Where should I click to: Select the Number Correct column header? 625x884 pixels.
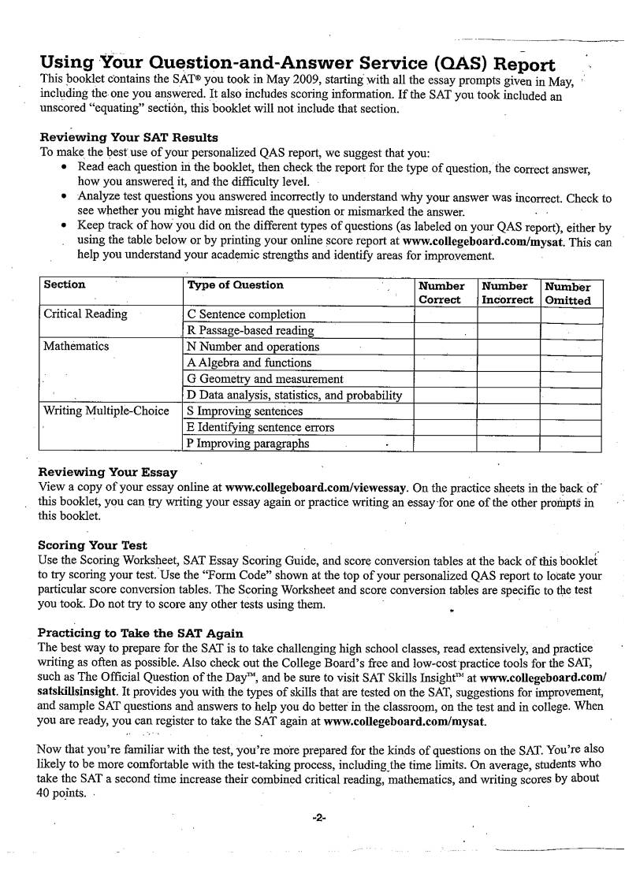pos(441,292)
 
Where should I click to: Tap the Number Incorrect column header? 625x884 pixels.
pos(508,292)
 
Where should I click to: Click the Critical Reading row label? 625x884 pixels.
pos(85,314)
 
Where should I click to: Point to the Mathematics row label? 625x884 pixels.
pos(76,346)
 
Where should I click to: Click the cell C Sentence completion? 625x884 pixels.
pos(246,314)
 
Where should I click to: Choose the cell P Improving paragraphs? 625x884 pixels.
pos(247,443)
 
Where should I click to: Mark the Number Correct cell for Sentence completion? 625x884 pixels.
pos(445,314)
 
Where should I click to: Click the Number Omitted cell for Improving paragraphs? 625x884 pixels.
pos(571,443)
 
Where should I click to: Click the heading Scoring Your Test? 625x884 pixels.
pos(92,544)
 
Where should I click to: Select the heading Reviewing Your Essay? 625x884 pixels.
pos(108,472)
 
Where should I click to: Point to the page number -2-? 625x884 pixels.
pos(318,818)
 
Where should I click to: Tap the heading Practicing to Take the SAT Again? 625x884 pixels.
pos(140,633)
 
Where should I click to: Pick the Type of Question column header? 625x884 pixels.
pos(235,285)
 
